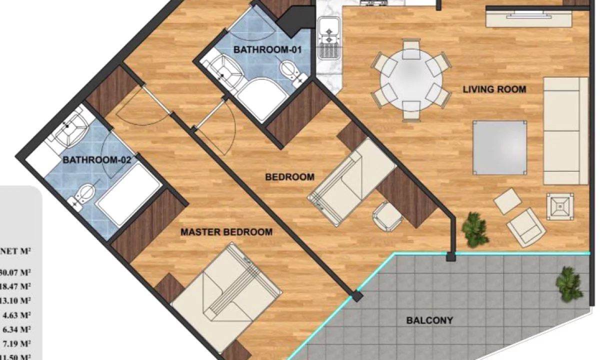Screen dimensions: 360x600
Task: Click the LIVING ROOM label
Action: click(x=494, y=89)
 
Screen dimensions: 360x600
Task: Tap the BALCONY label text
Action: click(x=429, y=320)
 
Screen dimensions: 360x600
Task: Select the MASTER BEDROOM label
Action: click(x=226, y=232)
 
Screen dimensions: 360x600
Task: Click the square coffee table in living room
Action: click(x=500, y=148)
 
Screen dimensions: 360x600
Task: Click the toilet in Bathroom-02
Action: click(x=85, y=193)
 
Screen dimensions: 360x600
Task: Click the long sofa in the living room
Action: click(x=565, y=130)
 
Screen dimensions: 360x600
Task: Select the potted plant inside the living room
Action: click(x=475, y=228)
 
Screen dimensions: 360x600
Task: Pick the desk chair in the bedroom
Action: click(x=387, y=215)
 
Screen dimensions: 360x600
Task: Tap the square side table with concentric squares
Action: click(x=560, y=206)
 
